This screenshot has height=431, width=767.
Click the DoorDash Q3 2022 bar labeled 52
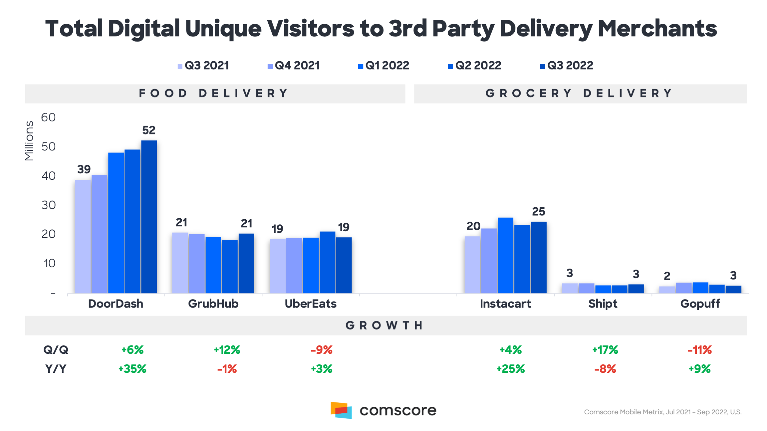149,217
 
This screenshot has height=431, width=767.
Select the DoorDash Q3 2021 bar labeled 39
83,236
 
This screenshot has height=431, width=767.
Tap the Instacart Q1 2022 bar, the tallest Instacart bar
505,255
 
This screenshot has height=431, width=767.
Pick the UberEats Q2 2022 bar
327,262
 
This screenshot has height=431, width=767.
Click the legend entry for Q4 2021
294,65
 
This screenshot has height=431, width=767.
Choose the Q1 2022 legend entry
384,65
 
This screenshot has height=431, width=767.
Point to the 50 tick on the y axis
48,147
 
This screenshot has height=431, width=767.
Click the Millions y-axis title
29,141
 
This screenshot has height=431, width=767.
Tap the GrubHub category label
213,304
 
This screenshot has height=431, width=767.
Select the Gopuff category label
700,304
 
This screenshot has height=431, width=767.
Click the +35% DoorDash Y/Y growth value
132,369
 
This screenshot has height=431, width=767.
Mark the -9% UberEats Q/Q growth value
321,350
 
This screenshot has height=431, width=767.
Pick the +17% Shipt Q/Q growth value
605,350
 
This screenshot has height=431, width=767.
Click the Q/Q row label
56,350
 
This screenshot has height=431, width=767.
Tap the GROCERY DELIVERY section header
580,93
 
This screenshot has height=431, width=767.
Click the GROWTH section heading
385,325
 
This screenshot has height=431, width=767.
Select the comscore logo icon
341,410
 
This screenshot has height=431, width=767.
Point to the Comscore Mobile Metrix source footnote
662,412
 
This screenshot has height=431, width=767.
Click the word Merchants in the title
657,29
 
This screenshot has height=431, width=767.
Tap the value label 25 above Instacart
539,212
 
